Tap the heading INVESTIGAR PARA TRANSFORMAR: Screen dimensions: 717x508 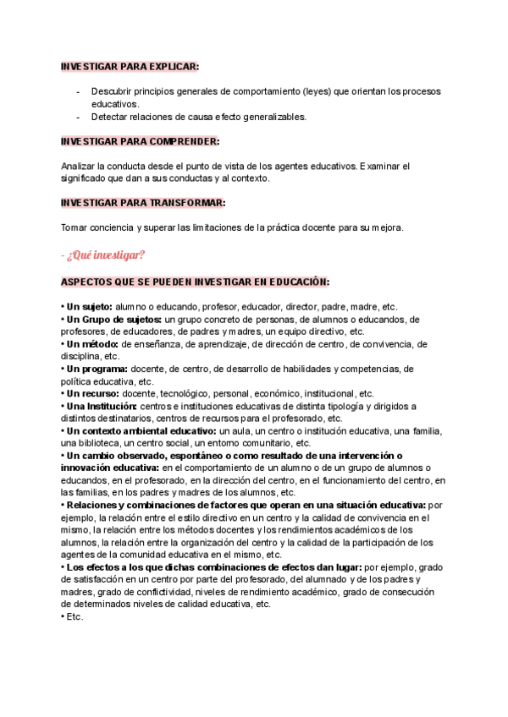pos(143,203)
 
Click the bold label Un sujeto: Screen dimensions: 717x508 pos(87,307)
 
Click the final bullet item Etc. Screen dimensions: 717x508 pos(74,616)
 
